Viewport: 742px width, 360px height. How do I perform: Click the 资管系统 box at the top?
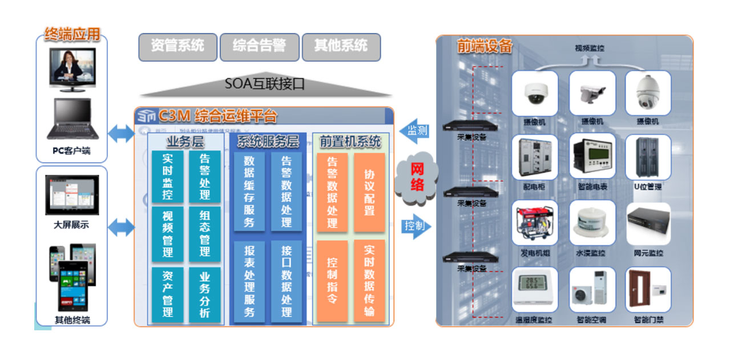(x=178, y=46)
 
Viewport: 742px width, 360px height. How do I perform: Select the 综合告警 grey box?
(x=259, y=46)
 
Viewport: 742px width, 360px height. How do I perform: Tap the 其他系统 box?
(x=341, y=46)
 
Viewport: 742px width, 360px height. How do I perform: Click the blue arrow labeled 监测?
(x=415, y=131)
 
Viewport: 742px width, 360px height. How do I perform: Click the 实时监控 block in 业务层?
(x=168, y=176)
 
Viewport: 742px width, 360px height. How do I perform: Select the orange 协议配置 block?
(x=369, y=192)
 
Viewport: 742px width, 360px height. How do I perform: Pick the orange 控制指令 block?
(x=332, y=281)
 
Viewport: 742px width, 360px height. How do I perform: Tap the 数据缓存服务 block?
(x=249, y=192)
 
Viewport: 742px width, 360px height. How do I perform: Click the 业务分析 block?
(x=205, y=294)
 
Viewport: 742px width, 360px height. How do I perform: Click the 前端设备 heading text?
(x=485, y=46)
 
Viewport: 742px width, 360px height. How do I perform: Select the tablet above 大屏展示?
(x=72, y=195)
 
